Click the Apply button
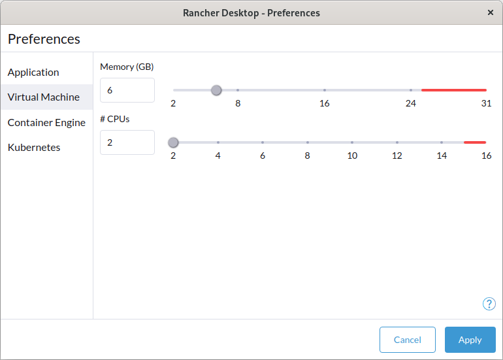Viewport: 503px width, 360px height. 470,340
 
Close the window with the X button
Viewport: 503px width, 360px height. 490,12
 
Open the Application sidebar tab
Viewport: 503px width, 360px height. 33,72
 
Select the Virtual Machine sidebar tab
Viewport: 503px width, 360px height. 44,97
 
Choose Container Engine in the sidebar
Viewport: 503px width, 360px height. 46,122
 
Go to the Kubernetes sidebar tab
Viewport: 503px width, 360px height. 34,147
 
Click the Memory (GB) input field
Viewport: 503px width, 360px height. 127,90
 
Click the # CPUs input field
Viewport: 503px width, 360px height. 127,142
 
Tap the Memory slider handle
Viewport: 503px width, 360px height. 216,90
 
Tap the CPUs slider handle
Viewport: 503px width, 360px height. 173,142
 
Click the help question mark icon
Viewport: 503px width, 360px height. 489,304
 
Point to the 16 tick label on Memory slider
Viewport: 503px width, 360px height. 324,103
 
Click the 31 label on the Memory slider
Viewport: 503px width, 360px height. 486,103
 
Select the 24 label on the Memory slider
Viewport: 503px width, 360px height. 411,103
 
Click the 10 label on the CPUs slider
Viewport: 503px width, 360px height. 352,155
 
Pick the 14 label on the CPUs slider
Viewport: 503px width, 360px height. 442,155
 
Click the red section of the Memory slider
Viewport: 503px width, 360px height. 454,90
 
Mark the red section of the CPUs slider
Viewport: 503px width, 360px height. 475,142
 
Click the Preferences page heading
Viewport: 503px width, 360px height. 44,39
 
